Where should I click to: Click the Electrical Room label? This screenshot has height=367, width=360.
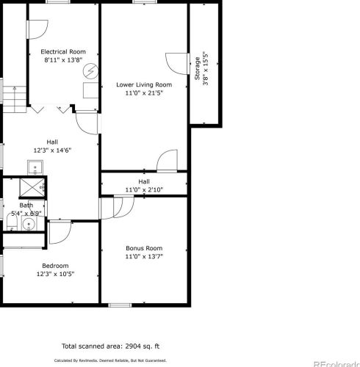62,51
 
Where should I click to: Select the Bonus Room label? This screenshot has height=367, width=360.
143,248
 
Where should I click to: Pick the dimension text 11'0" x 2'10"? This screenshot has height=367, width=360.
144,189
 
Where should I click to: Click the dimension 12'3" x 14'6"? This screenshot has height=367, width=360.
52,150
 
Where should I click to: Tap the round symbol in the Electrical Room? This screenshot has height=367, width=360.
90,72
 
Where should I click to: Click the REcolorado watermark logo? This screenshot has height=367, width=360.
334,363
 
